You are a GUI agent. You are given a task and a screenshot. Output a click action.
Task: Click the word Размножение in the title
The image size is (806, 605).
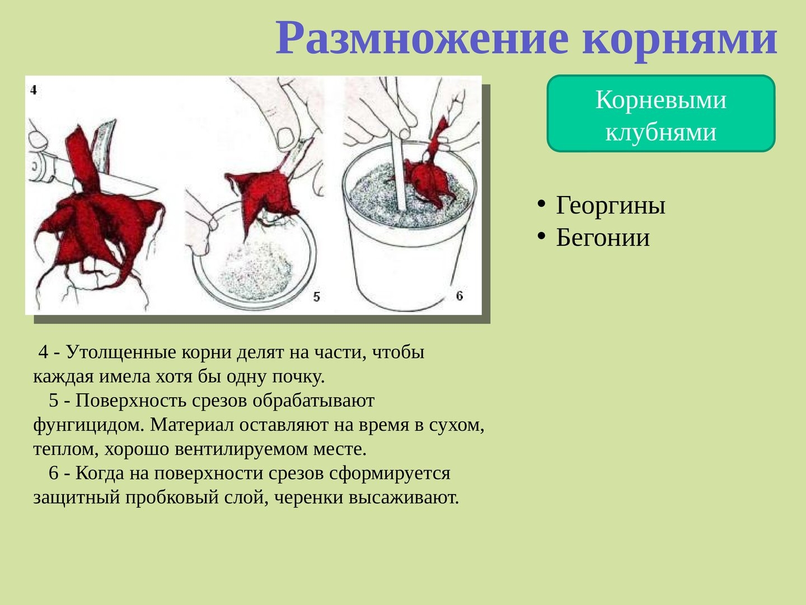tap(422, 39)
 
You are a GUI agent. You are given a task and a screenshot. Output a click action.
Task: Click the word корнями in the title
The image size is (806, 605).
tap(680, 39)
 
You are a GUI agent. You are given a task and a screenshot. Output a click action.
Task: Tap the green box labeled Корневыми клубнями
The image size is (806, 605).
tap(661, 114)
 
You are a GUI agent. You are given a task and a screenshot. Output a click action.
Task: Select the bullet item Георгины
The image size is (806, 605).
tap(610, 206)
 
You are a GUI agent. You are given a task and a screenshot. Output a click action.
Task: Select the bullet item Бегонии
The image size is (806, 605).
tap(603, 238)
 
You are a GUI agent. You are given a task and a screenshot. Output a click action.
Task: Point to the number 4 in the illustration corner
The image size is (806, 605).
tap(34, 90)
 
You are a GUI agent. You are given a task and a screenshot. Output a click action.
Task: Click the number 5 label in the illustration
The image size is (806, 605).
tap(317, 296)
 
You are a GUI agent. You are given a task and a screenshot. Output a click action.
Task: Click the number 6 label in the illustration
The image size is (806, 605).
tap(460, 296)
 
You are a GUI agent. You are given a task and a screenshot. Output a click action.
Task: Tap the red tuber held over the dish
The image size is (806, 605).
tap(261, 197)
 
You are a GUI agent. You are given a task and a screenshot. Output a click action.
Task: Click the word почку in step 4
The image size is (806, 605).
tap(298, 377)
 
